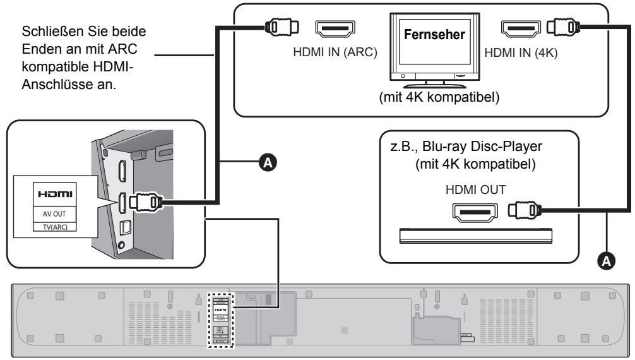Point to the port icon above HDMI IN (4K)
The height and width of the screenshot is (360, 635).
[x=521, y=28]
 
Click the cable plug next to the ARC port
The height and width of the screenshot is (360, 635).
[x=278, y=28]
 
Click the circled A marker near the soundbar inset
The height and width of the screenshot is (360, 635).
[x=269, y=163]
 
